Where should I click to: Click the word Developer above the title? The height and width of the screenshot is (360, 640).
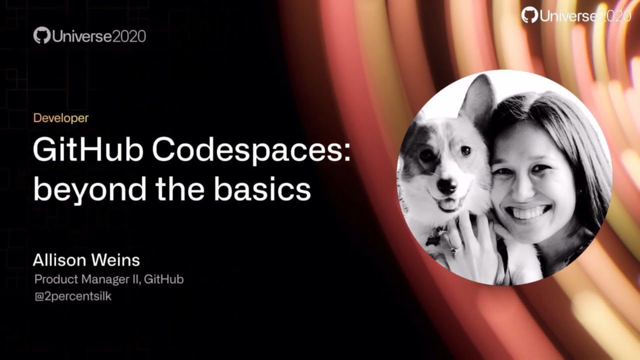click(x=60, y=118)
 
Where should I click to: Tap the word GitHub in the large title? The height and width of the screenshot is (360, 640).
click(x=87, y=150)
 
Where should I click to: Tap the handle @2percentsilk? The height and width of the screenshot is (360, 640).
click(x=72, y=296)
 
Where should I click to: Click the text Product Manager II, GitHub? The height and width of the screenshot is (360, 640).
click(x=108, y=279)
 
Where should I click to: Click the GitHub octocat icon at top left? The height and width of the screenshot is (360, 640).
click(x=42, y=35)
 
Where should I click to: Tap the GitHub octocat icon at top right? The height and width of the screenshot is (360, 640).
click(x=529, y=15)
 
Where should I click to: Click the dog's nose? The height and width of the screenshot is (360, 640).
click(x=446, y=185)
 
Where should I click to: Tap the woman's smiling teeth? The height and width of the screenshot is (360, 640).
click(x=529, y=212)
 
